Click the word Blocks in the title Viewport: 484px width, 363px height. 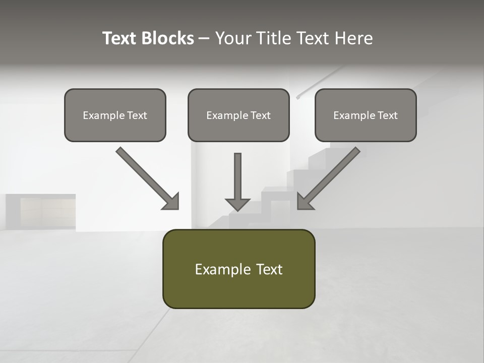(x=168, y=38)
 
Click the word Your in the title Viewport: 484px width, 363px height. (x=233, y=38)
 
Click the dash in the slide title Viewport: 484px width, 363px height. (x=205, y=39)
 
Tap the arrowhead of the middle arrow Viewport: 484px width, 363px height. (x=237, y=204)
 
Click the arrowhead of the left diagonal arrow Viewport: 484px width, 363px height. (x=172, y=202)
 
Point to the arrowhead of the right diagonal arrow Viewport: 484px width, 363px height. (x=304, y=202)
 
